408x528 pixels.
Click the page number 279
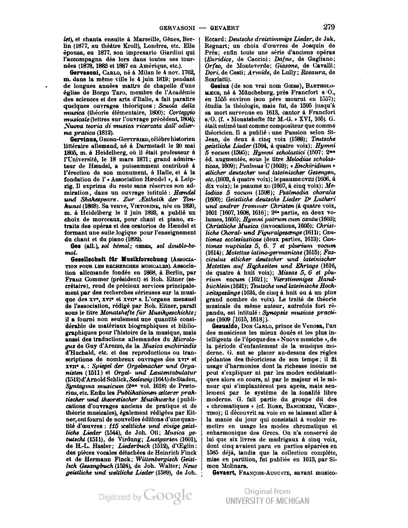329,26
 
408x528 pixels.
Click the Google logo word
168,496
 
